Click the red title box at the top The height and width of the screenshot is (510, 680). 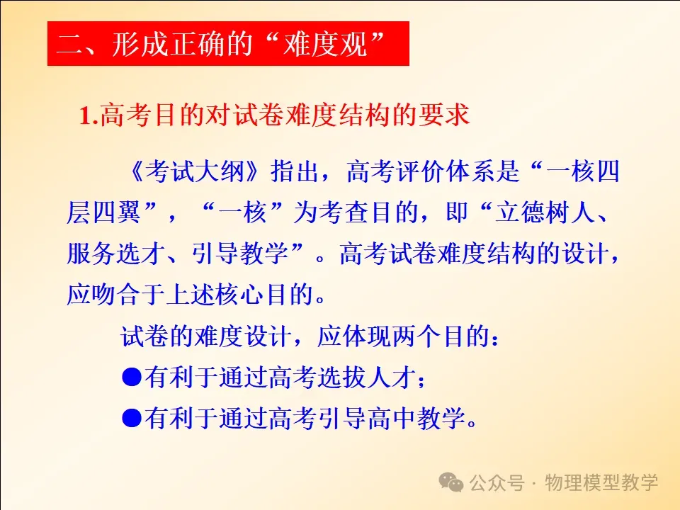(228, 43)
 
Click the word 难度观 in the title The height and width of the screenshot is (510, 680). (325, 44)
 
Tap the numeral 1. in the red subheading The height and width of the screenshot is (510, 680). (89, 115)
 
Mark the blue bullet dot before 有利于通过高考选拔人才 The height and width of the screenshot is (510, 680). (132, 377)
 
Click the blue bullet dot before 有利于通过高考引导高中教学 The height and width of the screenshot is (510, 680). (132, 418)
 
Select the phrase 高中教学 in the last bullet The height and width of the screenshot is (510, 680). (416, 418)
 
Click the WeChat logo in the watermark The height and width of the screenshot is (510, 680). (451, 482)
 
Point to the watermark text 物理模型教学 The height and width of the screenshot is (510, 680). (601, 482)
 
